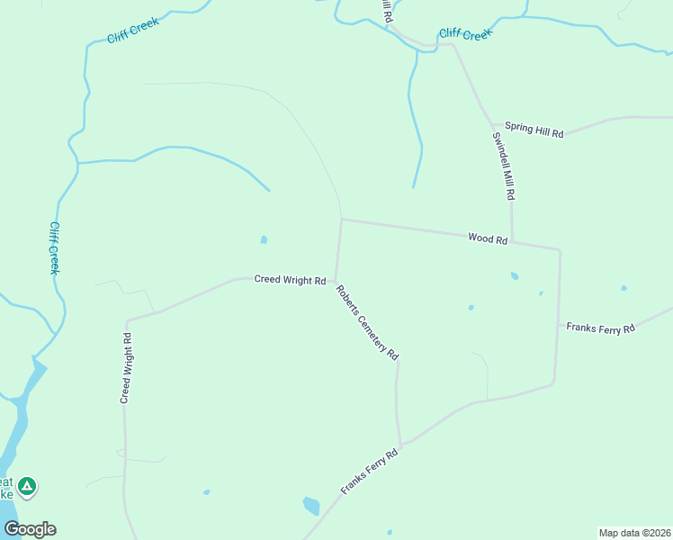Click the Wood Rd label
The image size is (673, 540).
(x=488, y=239)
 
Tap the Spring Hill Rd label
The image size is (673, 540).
(x=534, y=130)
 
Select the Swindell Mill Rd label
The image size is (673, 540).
(x=503, y=166)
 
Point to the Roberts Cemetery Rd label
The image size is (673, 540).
(x=367, y=322)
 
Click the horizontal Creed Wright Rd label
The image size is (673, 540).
(x=290, y=280)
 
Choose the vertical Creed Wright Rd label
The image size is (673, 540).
(x=127, y=368)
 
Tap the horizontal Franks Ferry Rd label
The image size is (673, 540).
(x=600, y=328)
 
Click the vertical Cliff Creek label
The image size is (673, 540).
(x=55, y=248)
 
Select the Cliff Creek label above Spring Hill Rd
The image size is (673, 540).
(x=465, y=35)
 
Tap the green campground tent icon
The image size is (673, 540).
(x=27, y=487)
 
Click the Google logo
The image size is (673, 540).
(x=30, y=528)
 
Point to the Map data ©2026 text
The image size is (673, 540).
(x=634, y=532)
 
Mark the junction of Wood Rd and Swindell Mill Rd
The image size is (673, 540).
(x=513, y=241)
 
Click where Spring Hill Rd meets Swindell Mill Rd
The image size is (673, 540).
(x=492, y=124)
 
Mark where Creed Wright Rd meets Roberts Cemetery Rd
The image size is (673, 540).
(x=336, y=280)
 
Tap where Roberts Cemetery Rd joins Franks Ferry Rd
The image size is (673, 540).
(x=401, y=444)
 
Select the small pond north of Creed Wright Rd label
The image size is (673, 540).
(x=263, y=239)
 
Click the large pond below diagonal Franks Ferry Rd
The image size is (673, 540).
(x=311, y=506)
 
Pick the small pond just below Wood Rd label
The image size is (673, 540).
(x=515, y=276)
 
